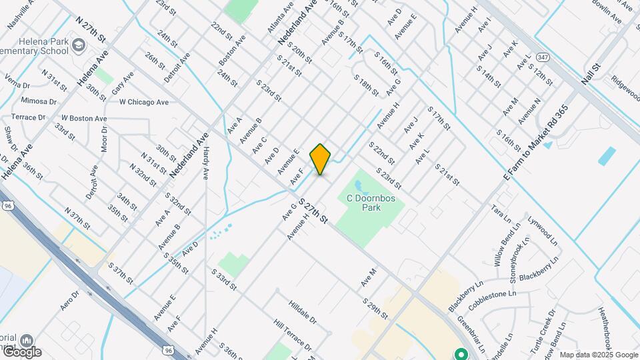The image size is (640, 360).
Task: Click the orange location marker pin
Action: pyautogui.click(x=321, y=159)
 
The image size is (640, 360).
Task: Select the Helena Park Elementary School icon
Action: pyautogui.click(x=78, y=45)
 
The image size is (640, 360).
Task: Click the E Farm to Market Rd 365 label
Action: pyautogui.click(x=535, y=143)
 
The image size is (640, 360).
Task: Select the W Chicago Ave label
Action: pyautogui.click(x=144, y=102)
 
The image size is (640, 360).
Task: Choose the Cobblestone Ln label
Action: pyautogui.click(x=493, y=293)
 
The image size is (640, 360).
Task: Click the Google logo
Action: pyautogui.click(x=21, y=351)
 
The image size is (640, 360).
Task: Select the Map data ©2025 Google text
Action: pyautogui.click(x=598, y=355)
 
